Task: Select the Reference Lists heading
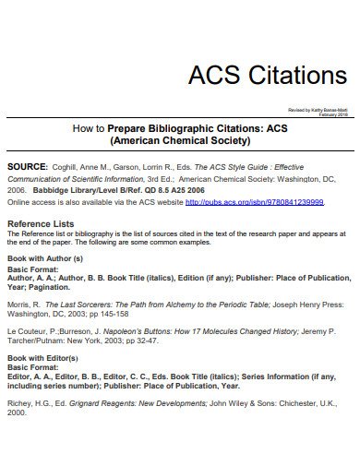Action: click(x=41, y=224)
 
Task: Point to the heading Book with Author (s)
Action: click(x=45, y=259)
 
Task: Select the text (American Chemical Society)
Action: click(x=180, y=142)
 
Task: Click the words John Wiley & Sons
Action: click(x=236, y=429)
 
